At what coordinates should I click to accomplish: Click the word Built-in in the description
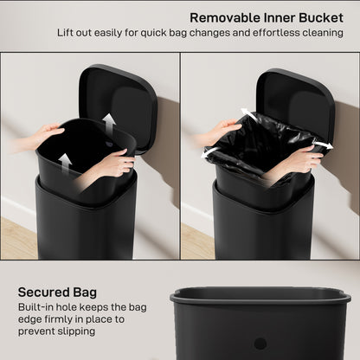click(x=40, y=307)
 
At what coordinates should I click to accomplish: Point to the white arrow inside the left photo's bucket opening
click(x=106, y=120)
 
